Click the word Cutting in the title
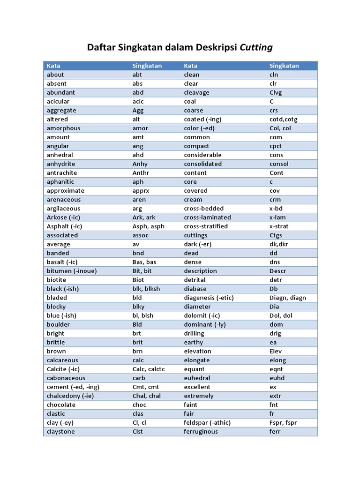[x=256, y=47]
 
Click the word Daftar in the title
[x=102, y=47]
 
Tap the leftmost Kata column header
[x=53, y=66]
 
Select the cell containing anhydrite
[x=61, y=164]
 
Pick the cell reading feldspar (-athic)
[x=207, y=423]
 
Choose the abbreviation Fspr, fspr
[x=283, y=423]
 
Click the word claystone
[x=60, y=432]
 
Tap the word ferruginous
[x=201, y=432]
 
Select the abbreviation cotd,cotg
[x=283, y=120]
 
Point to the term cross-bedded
[x=203, y=209]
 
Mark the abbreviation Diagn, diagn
[x=287, y=298]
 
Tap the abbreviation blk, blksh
[x=146, y=289]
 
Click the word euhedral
[x=197, y=378]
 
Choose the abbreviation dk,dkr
[x=278, y=244]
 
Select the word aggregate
[x=61, y=111]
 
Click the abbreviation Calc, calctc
[x=148, y=369]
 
